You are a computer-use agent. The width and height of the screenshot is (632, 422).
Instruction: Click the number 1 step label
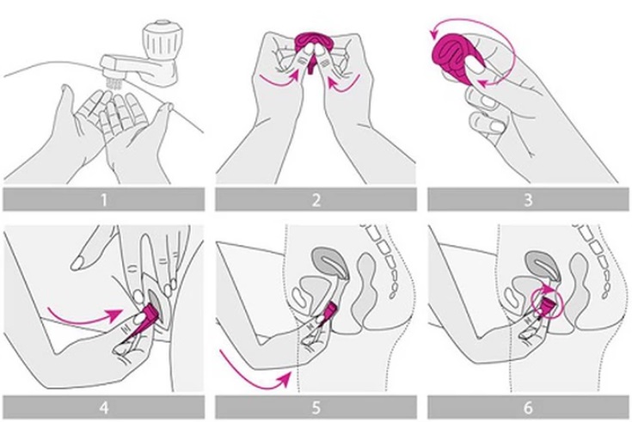104,199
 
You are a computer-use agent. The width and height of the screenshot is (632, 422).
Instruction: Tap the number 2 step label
316,199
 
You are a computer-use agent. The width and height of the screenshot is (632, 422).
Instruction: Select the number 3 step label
528,199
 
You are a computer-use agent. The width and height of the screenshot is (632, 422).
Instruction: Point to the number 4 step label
104,407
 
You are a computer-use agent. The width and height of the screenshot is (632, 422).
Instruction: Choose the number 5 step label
316,407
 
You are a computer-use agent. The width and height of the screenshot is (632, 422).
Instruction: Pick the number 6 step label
528,407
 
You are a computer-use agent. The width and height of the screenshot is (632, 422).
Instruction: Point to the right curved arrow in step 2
345,83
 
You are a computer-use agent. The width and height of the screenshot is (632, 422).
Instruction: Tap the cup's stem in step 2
310,65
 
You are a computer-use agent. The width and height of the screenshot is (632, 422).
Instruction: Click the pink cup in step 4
147,315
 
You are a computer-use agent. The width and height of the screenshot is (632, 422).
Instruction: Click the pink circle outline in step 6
547,303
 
